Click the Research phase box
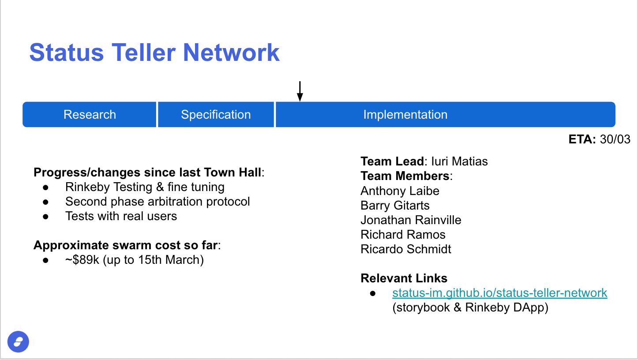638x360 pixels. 90,115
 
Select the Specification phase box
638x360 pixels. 216,115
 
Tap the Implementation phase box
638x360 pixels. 446,115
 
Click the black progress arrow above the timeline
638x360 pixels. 300,91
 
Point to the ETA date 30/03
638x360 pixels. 615,139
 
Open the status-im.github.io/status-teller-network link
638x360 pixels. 499,293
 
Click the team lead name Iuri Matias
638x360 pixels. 459,161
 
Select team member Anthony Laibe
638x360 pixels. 400,191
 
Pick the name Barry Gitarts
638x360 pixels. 395,205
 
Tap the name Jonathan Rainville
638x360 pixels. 411,220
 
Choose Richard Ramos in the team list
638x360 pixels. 403,234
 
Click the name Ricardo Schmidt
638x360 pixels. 406,249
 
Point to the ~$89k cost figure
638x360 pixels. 82,260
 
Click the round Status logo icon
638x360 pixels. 18,341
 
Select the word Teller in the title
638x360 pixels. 143,52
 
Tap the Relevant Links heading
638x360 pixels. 404,278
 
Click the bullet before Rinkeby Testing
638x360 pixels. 45,187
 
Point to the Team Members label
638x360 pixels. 405,176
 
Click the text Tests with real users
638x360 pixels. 121,216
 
